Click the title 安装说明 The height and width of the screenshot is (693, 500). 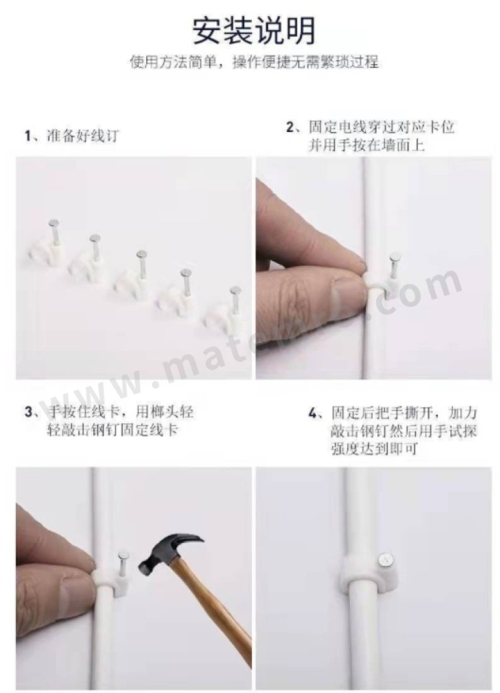[254, 30]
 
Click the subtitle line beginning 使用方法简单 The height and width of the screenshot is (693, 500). [254, 62]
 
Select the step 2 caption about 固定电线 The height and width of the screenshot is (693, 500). [371, 136]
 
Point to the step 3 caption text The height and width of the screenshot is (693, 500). [109, 420]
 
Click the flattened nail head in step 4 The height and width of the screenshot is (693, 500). [385, 560]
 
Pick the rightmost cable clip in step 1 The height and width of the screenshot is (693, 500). [223, 313]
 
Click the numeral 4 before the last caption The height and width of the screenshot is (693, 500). [313, 414]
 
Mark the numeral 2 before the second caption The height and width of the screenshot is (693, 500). [290, 128]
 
